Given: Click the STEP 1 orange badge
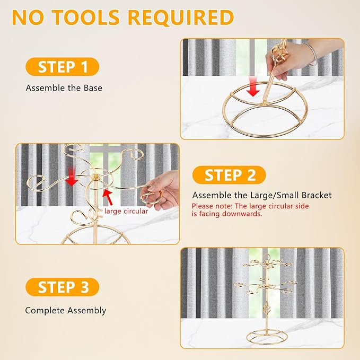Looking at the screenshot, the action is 62,67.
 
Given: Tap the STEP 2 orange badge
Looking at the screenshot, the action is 229,175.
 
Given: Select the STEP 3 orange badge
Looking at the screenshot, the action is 62,287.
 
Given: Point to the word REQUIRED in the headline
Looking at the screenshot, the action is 181,17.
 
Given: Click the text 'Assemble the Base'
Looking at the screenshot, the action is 64,88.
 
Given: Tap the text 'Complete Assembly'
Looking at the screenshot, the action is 66,310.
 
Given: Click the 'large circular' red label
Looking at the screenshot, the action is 126,211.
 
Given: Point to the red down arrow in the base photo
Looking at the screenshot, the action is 253,87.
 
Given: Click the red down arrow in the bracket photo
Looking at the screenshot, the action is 72,177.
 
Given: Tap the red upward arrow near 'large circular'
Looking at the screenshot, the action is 108,197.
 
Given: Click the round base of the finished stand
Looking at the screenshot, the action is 267,337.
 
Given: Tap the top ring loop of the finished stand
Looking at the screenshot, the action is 267,257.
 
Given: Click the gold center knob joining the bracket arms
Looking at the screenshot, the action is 95,177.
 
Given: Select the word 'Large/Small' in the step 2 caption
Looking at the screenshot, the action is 274,196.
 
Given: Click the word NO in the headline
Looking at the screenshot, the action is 28,17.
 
